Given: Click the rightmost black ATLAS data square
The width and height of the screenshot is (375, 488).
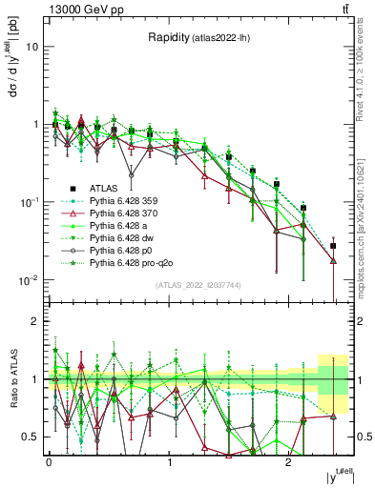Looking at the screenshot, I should point(333,246).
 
